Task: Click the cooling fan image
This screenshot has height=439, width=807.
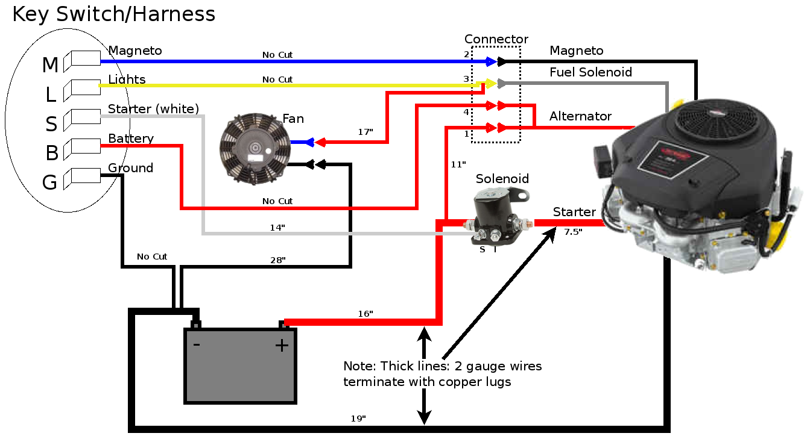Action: click(x=255, y=149)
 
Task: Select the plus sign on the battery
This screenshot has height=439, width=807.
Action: click(x=282, y=346)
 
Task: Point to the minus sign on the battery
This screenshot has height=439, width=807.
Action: click(x=197, y=344)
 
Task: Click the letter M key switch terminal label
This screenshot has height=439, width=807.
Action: click(x=50, y=65)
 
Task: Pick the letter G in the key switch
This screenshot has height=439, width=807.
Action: click(x=49, y=182)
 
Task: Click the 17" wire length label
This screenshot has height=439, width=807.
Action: click(x=366, y=132)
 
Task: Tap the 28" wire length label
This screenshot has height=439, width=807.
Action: click(x=278, y=260)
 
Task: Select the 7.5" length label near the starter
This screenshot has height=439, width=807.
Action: click(x=573, y=232)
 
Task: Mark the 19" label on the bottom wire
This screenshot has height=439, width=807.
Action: click(x=358, y=419)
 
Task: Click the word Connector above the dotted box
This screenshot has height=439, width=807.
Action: click(x=496, y=39)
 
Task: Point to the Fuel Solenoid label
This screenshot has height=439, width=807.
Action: click(x=590, y=72)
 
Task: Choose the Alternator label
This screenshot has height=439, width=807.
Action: click(x=580, y=116)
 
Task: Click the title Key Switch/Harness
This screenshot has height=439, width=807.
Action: click(x=114, y=14)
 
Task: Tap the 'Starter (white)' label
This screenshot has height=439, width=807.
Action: click(x=153, y=108)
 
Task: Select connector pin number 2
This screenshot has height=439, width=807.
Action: click(x=467, y=54)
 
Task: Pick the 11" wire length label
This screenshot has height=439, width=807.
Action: click(x=458, y=164)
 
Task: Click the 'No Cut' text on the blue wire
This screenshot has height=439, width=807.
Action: click(x=277, y=55)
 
